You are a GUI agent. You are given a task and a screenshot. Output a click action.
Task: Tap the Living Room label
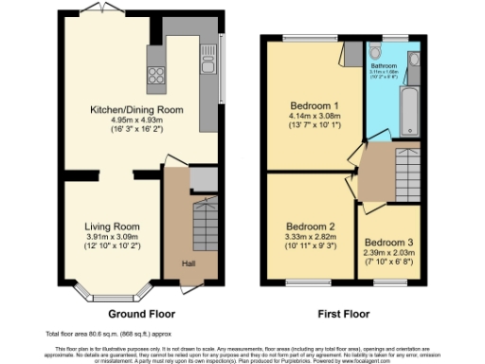(112, 227)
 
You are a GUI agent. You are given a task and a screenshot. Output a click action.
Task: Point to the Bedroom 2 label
(311, 227)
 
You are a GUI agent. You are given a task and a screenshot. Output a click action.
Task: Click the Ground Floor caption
(141, 313)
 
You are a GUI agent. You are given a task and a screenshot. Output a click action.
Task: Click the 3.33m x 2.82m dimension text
(311, 238)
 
